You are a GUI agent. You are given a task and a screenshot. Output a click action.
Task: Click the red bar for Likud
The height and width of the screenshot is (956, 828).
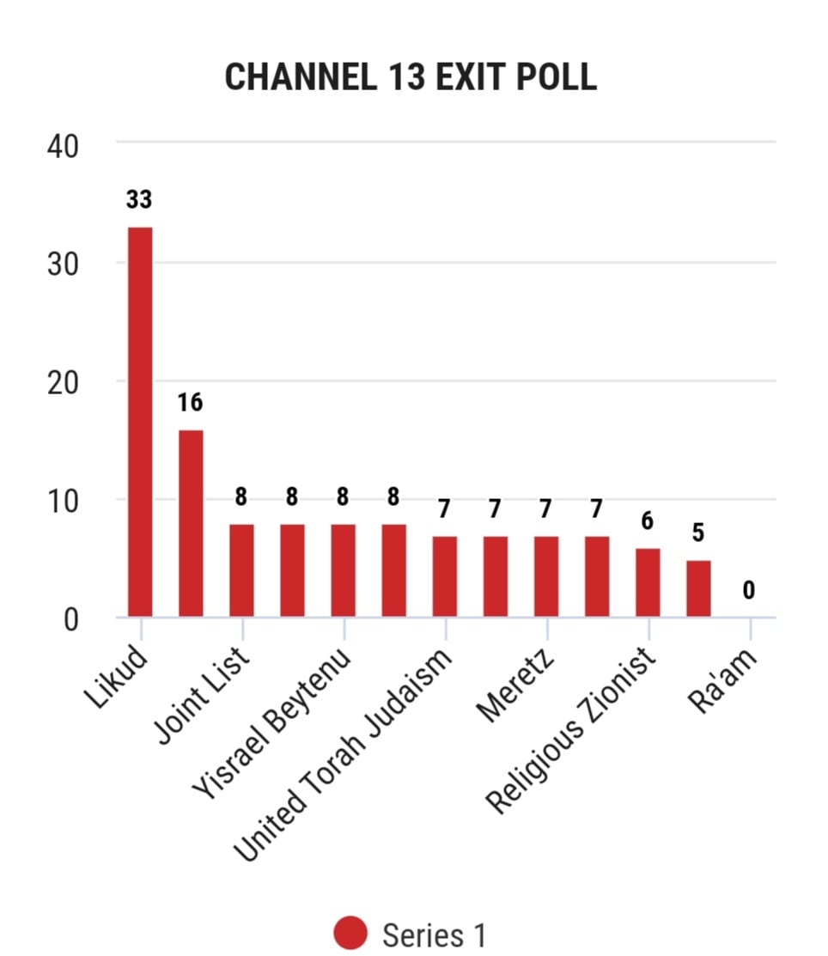click(x=140, y=422)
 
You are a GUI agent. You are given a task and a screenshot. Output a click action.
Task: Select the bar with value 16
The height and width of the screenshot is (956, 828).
click(x=191, y=524)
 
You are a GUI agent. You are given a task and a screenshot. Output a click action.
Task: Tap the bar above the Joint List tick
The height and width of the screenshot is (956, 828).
click(x=241, y=570)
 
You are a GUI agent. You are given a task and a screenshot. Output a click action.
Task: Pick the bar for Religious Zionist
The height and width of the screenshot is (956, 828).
click(x=648, y=583)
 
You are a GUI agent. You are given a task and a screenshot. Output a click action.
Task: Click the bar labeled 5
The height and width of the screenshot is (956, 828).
click(x=698, y=589)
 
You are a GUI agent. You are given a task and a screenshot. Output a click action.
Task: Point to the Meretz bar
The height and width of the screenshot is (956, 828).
click(x=546, y=576)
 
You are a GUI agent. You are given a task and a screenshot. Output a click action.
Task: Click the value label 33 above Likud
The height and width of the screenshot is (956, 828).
click(x=139, y=199)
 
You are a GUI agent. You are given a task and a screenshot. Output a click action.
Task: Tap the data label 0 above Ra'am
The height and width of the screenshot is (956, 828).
click(x=749, y=590)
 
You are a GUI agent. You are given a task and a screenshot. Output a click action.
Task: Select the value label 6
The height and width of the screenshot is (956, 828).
click(x=648, y=521)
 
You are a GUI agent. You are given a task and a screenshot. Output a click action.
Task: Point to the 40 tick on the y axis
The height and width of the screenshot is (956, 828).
click(x=63, y=147)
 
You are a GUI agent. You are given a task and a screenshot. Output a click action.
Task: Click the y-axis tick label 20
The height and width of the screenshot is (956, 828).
click(x=63, y=383)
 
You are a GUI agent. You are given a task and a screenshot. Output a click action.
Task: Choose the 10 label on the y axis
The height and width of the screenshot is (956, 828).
click(x=63, y=502)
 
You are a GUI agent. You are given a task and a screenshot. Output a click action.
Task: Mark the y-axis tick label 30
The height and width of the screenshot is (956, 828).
click(x=63, y=265)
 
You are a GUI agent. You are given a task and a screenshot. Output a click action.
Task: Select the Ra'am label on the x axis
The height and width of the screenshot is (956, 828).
click(x=722, y=679)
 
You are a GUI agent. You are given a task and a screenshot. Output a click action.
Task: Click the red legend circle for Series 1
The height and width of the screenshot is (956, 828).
click(x=350, y=933)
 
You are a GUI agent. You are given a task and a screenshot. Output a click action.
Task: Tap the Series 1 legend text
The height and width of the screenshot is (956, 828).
click(x=434, y=935)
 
